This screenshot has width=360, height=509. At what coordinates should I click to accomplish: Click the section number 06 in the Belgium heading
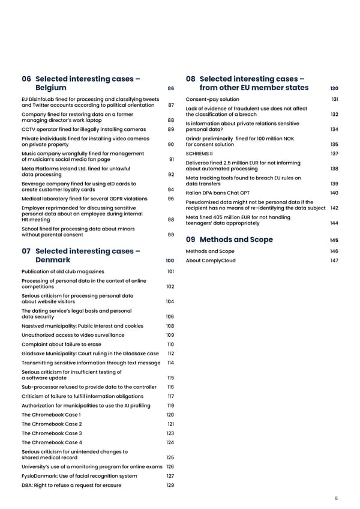tap(26, 79)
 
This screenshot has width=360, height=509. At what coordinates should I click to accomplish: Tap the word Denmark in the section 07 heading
tap(53, 260)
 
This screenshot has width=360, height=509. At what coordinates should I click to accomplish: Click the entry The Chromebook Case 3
tap(52, 433)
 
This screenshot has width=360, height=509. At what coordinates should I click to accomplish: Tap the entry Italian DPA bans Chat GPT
tap(218, 193)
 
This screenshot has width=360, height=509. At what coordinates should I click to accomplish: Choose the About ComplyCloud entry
tap(211, 261)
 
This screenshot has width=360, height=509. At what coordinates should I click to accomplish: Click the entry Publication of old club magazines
tap(67, 271)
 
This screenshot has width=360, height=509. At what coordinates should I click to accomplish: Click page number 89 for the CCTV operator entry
tap(170, 129)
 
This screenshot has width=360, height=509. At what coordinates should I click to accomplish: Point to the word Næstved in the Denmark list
tap(33, 325)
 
